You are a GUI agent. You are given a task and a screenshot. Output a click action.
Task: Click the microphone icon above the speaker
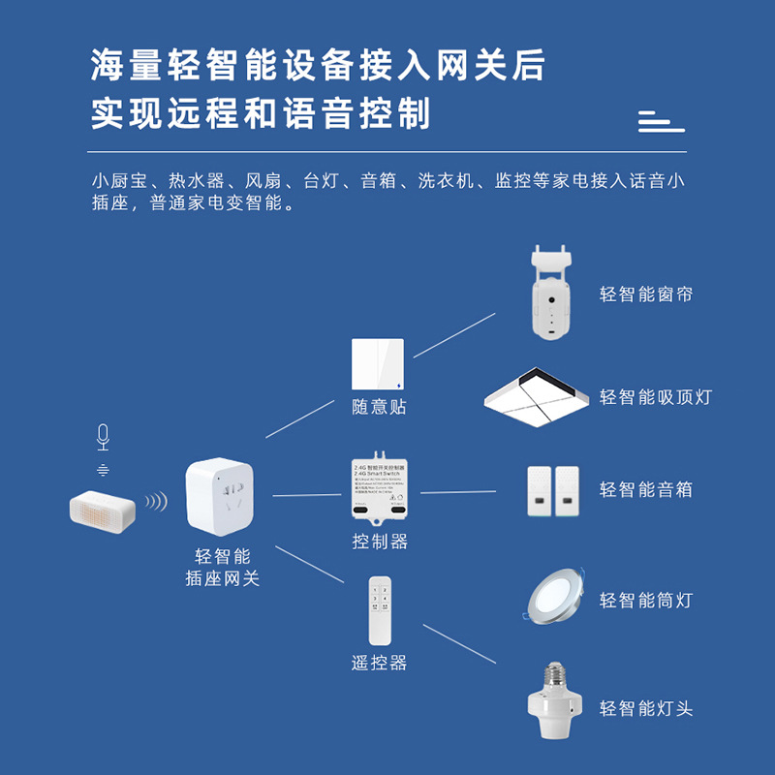pyautogui.click(x=103, y=438)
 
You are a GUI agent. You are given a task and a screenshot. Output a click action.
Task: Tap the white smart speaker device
pyautogui.click(x=103, y=511)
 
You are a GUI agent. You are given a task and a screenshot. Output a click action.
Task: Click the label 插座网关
pyautogui.click(x=223, y=578)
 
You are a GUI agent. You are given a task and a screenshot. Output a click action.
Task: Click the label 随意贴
pyautogui.click(x=379, y=407)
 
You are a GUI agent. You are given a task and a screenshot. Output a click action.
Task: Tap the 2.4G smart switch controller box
pyautogui.click(x=379, y=489)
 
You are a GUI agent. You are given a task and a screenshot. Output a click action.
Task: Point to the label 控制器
pyautogui.click(x=379, y=542)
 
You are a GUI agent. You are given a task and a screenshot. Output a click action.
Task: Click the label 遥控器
pyautogui.click(x=379, y=663)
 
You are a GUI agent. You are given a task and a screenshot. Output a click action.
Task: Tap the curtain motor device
pyautogui.click(x=548, y=293)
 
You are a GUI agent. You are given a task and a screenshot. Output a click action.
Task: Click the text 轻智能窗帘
pyautogui.click(x=646, y=294)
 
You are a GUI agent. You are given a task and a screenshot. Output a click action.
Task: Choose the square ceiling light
pyautogui.click(x=537, y=398)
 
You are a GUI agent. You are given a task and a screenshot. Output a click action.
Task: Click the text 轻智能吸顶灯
pyautogui.click(x=656, y=397)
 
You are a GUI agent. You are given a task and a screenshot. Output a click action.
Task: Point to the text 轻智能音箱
pyautogui.click(x=646, y=490)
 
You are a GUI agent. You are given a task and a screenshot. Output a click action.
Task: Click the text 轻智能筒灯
pyautogui.click(x=646, y=601)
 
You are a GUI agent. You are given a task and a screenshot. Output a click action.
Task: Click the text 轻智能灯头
pyautogui.click(x=646, y=709)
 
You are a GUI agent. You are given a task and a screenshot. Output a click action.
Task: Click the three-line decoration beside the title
pyautogui.click(x=661, y=121)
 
